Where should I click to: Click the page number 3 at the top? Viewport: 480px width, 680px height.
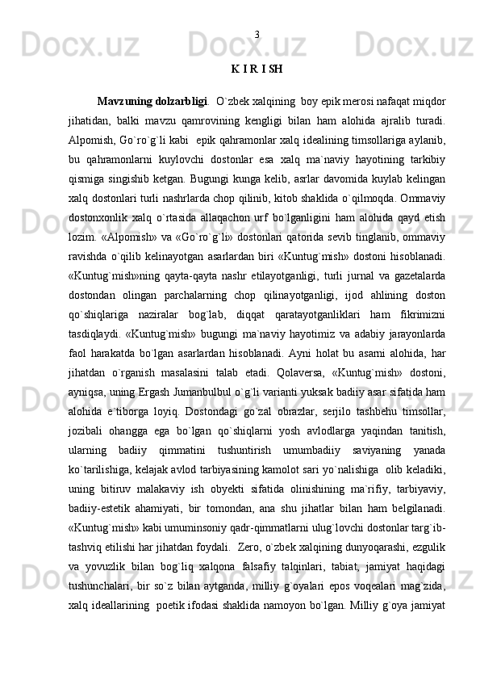click(x=256, y=34)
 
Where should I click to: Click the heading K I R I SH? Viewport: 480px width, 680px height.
click(x=256, y=69)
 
